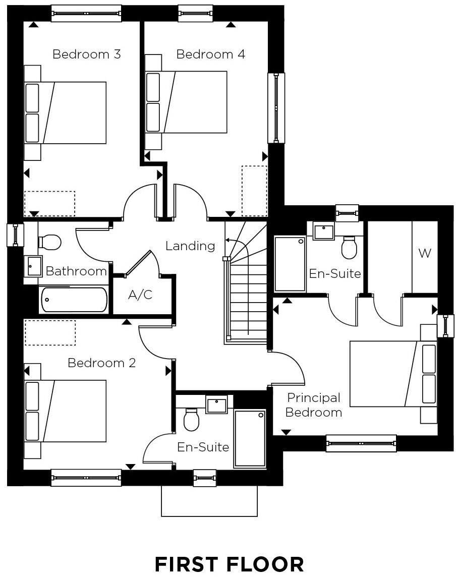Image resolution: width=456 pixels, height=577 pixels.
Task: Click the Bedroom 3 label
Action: tap(86, 54)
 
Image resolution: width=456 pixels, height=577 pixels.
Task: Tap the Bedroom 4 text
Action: tap(210, 54)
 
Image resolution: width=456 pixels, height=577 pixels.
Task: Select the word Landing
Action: tap(190, 246)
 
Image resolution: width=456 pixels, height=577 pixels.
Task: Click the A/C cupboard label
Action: tap(140, 295)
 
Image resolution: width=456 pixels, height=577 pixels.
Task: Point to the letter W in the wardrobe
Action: tap(424, 253)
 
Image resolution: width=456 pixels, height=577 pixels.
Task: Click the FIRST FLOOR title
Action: tap(230, 564)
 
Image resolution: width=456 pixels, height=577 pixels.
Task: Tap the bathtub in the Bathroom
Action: tap(74, 300)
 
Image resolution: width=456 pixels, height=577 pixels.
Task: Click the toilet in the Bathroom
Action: tap(49, 242)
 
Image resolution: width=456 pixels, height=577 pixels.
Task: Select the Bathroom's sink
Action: tap(33, 266)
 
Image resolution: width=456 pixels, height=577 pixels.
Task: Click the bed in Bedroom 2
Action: tap(65, 411)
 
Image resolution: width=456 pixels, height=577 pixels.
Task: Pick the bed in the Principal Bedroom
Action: tap(393, 374)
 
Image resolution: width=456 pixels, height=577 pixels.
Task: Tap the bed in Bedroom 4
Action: tap(186, 102)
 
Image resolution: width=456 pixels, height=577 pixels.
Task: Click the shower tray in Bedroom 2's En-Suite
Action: tap(250, 438)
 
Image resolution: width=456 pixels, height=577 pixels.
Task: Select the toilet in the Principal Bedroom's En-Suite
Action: tap(349, 247)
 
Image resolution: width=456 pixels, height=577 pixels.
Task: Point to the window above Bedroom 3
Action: tap(86, 13)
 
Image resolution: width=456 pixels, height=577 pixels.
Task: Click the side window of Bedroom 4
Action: tap(276, 108)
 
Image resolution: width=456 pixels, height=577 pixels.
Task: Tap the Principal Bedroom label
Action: tap(314, 405)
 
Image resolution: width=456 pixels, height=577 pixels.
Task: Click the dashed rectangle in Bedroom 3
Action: tap(49, 203)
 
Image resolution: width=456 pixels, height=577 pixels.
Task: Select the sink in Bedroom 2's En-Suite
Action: tap(216, 405)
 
